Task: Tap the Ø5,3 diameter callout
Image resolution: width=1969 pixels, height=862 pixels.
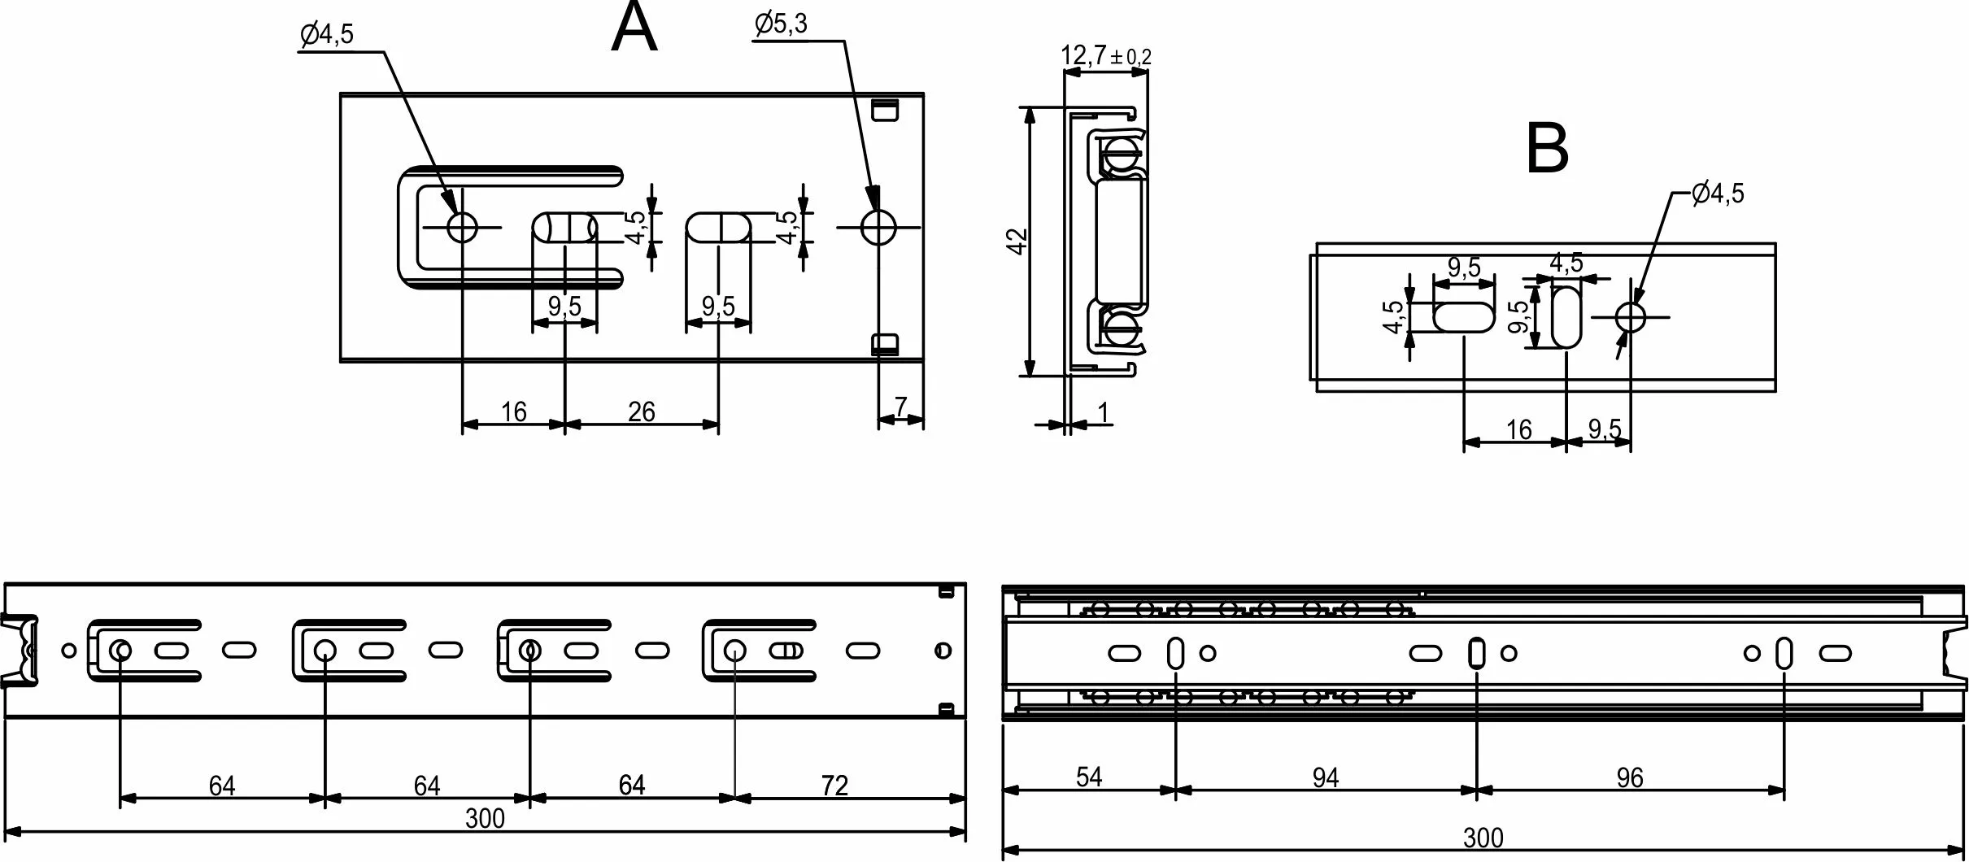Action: coord(781,24)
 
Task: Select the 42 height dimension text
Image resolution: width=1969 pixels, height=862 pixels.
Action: coord(1017,242)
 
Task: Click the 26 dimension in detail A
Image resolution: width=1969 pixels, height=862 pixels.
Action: coord(641,412)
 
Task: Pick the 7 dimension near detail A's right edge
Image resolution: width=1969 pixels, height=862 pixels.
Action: coord(900,407)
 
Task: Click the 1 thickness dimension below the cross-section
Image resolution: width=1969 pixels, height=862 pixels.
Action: coord(1103,414)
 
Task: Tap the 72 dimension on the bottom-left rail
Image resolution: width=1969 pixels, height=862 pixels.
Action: coord(834,786)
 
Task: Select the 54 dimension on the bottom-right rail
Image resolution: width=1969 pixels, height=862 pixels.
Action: coord(1088,777)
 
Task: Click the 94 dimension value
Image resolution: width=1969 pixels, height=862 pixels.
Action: coord(1325,778)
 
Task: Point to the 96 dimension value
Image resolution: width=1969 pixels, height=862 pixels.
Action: coord(1629,778)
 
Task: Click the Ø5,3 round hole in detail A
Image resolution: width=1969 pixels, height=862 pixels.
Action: coord(878,228)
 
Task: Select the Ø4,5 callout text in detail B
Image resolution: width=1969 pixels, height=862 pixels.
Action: coord(1718,194)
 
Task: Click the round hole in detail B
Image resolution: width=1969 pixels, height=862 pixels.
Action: coord(1630,316)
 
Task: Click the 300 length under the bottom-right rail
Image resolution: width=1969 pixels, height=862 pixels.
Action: coord(1483,838)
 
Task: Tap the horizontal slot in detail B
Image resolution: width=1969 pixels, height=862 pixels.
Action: coord(1464,316)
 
